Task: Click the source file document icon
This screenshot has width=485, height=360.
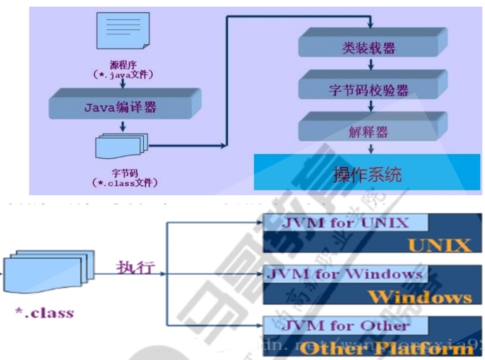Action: pos(123,30)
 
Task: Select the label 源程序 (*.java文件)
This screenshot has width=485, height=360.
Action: pos(123,71)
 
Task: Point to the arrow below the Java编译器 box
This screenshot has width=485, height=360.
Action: pos(123,126)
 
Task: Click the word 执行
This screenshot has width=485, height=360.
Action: pos(136,267)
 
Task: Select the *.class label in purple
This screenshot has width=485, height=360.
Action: pos(44,313)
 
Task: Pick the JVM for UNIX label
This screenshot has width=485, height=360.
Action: pos(346,223)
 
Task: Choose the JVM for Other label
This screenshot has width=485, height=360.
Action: pos(346,326)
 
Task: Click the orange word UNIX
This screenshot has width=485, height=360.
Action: pos(439,245)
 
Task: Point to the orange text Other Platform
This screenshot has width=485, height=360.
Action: pos(386,349)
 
